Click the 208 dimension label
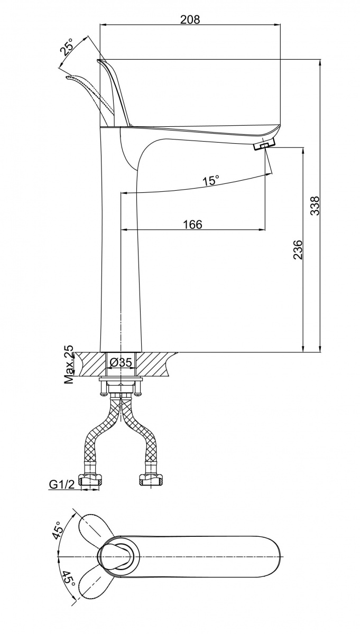(190, 20)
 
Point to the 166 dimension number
(192, 225)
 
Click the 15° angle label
(210, 181)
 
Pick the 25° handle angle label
(67, 48)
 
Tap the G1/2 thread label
(60, 484)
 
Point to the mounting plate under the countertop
(121, 378)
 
